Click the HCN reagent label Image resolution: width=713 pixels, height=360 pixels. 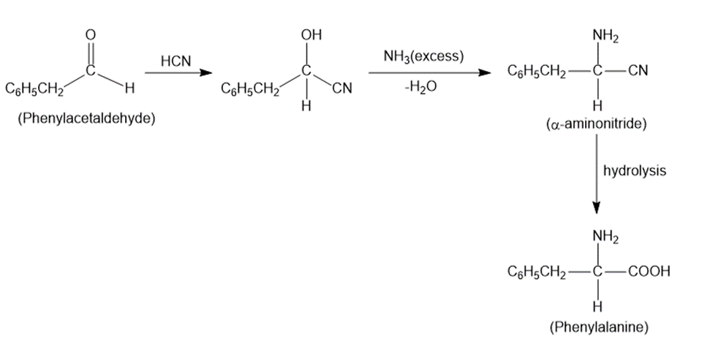[x=176, y=61]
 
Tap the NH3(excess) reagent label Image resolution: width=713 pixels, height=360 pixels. [x=423, y=57]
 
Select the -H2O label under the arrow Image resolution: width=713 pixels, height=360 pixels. [x=420, y=87]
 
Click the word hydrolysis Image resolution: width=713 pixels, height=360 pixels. [x=634, y=170]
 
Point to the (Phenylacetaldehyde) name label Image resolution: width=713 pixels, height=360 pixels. [x=86, y=119]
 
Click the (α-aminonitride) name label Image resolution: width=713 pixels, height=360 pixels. [x=596, y=124]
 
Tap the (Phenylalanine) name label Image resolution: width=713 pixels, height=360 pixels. [x=598, y=327]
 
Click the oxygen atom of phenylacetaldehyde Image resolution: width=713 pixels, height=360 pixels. [x=91, y=34]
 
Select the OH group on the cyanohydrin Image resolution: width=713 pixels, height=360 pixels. [x=311, y=34]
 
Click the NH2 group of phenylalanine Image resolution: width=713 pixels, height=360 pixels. [x=606, y=236]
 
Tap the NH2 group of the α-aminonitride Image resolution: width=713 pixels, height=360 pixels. [x=606, y=36]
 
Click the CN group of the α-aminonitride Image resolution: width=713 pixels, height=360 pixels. [x=638, y=70]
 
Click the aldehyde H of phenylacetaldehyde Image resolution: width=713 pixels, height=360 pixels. [x=129, y=88]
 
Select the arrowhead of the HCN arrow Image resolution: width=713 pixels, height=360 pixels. [x=206, y=72]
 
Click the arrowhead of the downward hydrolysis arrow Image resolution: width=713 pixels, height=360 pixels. [x=597, y=207]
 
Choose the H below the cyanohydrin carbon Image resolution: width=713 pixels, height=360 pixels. [x=306, y=106]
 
